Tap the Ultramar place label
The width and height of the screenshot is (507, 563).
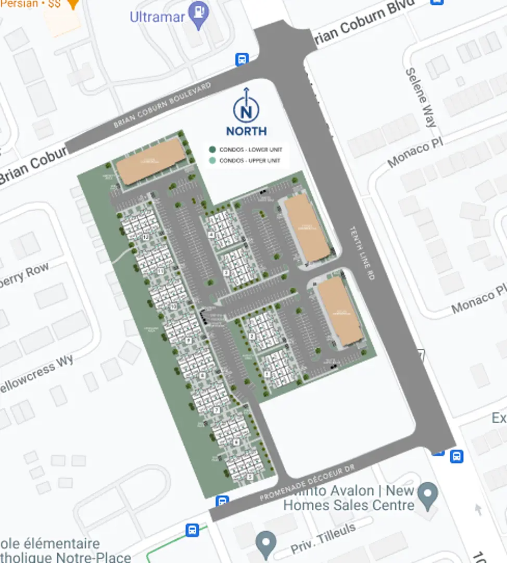157,17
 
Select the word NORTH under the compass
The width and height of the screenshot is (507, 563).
246,131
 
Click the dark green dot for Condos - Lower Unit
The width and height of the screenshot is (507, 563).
212,150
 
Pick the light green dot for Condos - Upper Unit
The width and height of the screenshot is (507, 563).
212,161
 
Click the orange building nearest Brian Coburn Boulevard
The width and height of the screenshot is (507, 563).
151,161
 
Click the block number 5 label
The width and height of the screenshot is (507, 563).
249,476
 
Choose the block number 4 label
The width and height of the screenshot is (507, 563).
211,235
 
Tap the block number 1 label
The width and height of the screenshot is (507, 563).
267,374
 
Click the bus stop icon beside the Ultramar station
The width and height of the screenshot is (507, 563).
242,59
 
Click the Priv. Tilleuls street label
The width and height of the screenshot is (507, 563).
323,539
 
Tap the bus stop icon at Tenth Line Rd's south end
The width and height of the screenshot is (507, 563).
456,456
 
